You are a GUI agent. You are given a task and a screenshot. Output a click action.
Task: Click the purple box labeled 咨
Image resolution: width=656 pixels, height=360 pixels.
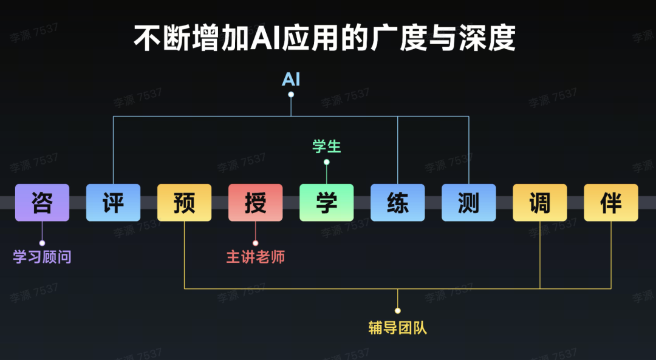click(x=42, y=203)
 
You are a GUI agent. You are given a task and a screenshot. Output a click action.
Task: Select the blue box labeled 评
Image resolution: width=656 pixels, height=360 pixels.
click(x=113, y=203)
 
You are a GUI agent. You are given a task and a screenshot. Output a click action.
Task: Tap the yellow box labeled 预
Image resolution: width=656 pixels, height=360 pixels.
click(x=184, y=203)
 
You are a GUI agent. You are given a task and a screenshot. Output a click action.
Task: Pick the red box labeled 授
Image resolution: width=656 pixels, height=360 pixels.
click(x=255, y=203)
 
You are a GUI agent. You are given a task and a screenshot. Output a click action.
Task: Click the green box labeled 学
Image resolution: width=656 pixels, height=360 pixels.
click(x=326, y=203)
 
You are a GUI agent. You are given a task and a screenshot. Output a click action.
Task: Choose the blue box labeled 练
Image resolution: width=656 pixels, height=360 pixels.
click(x=397, y=203)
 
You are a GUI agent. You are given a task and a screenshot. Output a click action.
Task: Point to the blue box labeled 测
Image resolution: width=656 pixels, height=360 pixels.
click(x=468, y=203)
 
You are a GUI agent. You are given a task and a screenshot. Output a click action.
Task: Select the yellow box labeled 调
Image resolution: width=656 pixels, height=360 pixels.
click(x=539, y=203)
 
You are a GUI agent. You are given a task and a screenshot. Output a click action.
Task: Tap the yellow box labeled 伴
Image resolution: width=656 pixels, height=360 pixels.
click(x=611, y=203)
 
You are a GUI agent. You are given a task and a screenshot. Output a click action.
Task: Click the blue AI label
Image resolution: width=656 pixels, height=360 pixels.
click(x=291, y=80)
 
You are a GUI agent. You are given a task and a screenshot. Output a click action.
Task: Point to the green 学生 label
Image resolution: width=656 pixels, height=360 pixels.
click(x=327, y=146)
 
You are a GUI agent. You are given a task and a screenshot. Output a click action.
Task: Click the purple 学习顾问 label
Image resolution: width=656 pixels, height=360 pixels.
click(x=42, y=257)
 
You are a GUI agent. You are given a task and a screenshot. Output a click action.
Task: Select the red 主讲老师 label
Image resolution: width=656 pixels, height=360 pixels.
click(x=255, y=257)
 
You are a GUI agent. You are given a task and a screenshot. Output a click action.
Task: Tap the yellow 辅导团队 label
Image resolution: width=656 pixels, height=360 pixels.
click(x=398, y=328)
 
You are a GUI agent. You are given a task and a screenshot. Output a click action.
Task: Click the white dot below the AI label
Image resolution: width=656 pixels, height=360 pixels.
click(x=291, y=95)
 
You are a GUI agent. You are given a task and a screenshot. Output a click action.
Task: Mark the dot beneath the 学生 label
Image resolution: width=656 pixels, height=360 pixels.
click(x=327, y=162)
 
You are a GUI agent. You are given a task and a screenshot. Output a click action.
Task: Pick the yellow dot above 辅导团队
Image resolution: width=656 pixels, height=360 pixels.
click(x=398, y=311)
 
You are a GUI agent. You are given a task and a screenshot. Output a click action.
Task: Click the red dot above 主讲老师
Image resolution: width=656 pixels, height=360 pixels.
click(x=255, y=243)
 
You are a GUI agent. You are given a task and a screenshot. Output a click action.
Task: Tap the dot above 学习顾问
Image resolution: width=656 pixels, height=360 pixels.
click(x=42, y=243)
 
